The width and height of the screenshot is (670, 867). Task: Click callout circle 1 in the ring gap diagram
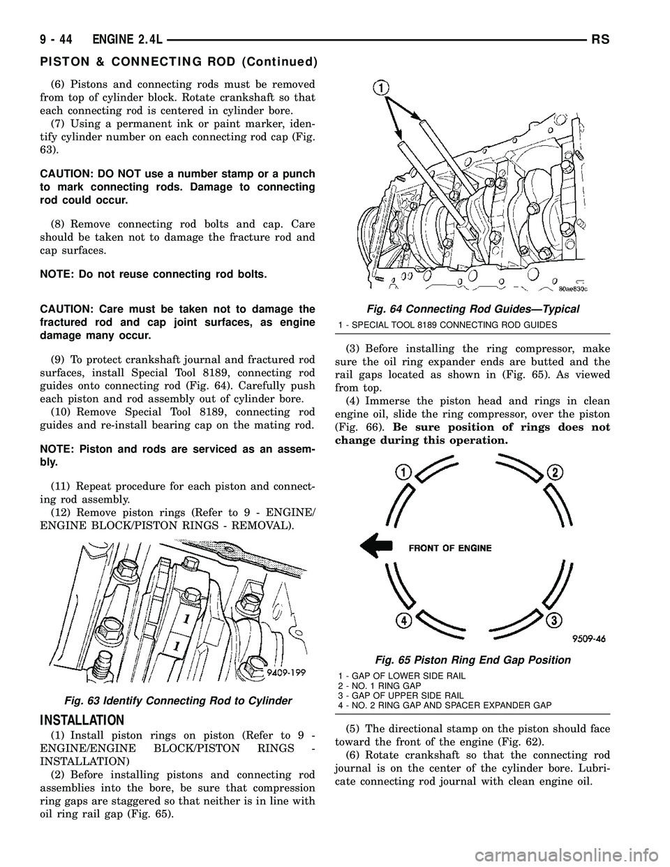tap(403, 473)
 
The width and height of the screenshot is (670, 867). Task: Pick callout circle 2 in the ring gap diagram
tap(556, 473)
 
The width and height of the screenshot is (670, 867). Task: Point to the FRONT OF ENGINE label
tap(450, 548)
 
